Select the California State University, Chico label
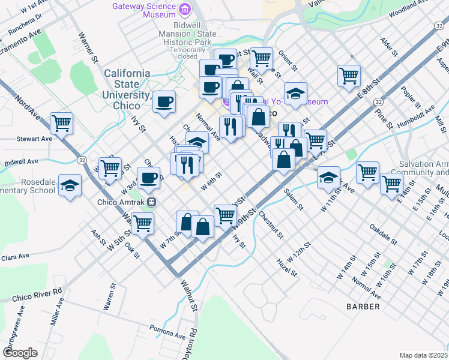point(127,89)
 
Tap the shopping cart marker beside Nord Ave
point(62,124)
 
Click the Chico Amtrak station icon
point(152,202)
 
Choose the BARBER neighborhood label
point(363,307)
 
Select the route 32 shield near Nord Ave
point(81,160)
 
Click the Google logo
point(20,353)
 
